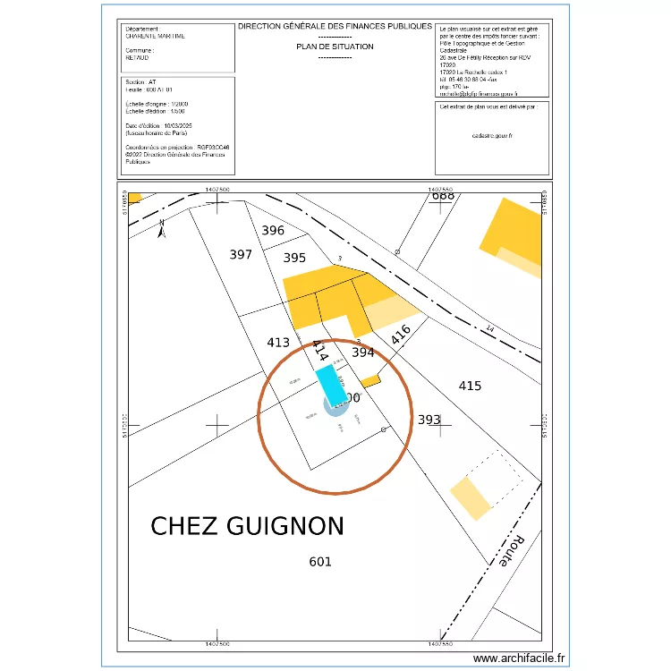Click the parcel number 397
241,255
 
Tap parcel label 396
273,231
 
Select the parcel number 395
294,258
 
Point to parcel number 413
278,342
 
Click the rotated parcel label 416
400,335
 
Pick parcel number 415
470,386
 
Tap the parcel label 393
429,419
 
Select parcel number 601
320,562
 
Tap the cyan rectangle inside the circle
331,386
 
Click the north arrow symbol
161,230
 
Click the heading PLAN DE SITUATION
335,47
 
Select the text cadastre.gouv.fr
492,136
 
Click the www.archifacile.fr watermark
519,658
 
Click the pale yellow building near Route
471,498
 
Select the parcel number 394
362,352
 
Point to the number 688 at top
443,196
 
